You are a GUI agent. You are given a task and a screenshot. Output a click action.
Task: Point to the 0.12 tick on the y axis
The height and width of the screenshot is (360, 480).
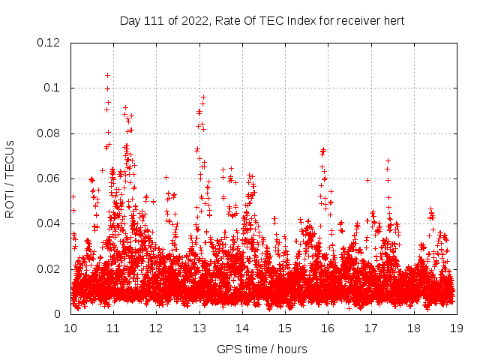click(x=49, y=43)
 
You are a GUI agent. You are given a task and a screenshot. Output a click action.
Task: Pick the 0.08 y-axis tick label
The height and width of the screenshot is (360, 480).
click(x=49, y=133)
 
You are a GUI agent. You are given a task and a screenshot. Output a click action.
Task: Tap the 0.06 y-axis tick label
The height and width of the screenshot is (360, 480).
click(x=49, y=178)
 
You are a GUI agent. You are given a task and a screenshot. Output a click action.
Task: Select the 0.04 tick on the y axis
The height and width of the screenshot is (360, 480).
click(x=49, y=223)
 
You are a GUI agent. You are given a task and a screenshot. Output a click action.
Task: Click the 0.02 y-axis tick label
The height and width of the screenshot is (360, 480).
click(x=49, y=269)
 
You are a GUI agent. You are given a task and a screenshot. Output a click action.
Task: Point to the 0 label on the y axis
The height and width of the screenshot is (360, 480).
click(x=58, y=314)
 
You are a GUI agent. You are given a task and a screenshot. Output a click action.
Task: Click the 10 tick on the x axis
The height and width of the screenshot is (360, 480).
click(x=70, y=328)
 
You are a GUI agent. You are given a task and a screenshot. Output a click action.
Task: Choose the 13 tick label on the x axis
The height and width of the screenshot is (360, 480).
click(x=199, y=328)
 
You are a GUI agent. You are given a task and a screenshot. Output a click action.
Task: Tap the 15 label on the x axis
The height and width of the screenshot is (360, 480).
click(x=285, y=328)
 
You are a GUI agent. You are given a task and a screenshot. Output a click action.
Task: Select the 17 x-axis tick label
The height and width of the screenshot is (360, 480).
click(x=370, y=328)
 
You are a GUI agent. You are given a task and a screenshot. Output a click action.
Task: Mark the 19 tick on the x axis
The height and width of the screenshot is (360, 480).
click(x=456, y=328)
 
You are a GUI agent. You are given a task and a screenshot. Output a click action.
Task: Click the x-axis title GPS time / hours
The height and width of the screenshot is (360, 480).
click(x=262, y=349)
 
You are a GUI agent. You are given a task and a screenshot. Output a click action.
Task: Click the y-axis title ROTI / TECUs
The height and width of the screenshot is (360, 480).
click(x=10, y=178)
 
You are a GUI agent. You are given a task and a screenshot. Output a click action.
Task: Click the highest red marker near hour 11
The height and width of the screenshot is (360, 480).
click(x=107, y=75)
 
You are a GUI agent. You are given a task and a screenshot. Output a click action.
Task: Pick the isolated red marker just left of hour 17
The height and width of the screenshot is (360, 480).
click(x=367, y=180)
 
